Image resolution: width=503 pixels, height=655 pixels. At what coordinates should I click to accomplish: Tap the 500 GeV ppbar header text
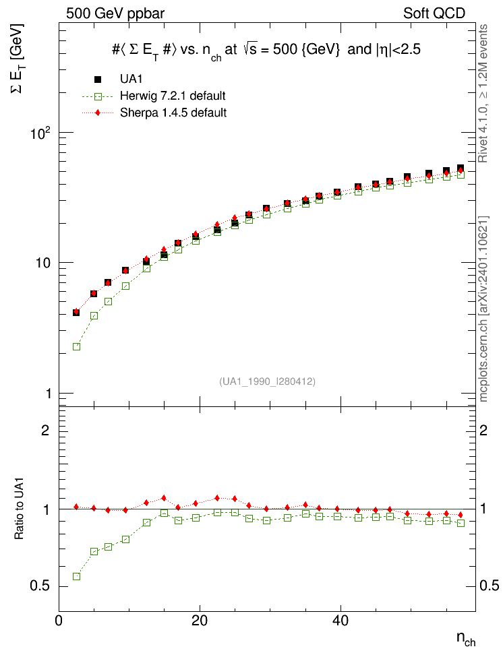coord(115,13)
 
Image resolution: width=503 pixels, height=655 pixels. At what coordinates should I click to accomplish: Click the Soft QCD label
coord(434,13)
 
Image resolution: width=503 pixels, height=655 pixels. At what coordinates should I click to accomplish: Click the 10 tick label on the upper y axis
coord(42,263)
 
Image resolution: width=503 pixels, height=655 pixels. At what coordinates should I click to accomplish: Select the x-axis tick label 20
coord(200,621)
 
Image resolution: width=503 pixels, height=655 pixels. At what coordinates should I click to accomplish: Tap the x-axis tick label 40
coord(341,621)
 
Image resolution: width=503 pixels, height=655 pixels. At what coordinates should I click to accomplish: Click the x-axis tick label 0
coord(59,621)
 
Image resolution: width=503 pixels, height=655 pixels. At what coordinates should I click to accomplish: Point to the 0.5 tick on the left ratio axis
coord(40,586)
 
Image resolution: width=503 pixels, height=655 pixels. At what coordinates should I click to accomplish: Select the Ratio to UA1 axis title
coord(20,508)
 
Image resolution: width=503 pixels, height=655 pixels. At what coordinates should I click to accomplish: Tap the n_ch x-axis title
coord(466,639)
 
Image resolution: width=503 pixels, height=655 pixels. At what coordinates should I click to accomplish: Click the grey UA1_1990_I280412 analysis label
coord(267,381)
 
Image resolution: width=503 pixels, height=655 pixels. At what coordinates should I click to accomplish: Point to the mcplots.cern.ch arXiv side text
coord(483,309)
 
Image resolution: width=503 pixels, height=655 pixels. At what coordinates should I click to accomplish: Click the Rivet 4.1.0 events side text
coord(483,94)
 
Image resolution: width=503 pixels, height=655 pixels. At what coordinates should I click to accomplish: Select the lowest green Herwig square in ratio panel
coord(76,576)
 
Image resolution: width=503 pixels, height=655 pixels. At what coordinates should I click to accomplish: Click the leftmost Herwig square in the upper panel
coord(76,347)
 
